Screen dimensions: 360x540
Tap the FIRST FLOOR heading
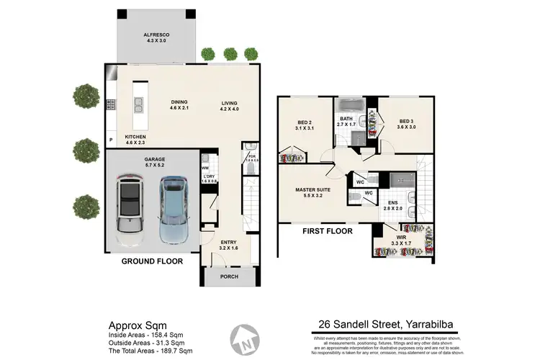[x=328, y=232]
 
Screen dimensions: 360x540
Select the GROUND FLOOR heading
[x=150, y=261]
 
